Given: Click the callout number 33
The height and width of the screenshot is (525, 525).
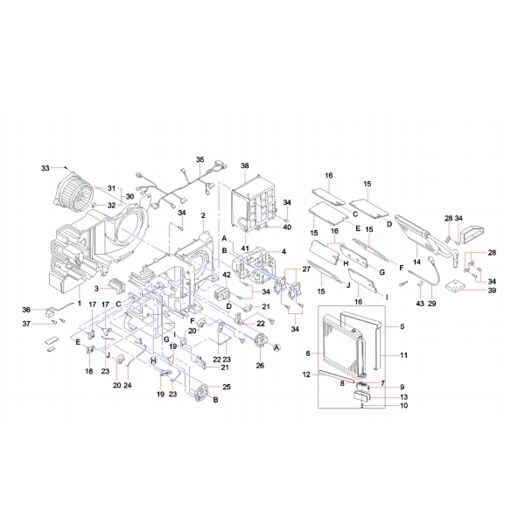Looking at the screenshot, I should point(45,167).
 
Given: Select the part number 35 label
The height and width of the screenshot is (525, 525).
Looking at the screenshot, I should point(199,159).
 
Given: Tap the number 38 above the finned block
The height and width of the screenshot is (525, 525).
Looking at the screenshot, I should point(245,166).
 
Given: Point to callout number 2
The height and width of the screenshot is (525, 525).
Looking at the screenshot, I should point(203,216).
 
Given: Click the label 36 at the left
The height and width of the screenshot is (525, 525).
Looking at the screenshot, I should point(26,310).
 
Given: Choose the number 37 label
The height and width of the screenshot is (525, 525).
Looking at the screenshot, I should point(26,324).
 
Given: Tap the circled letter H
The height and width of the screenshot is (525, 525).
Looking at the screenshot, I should point(153,360).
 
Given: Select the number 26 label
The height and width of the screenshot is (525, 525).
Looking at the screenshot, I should point(259,366).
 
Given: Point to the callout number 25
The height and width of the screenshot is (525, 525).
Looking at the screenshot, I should point(227,387).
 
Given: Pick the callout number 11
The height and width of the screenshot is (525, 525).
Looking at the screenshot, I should point(404,354).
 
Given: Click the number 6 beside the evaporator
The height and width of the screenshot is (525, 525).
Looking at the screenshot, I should point(309,353).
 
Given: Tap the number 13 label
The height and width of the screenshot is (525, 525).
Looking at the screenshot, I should point(404,395).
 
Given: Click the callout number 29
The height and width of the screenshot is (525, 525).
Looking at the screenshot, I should point(431,303).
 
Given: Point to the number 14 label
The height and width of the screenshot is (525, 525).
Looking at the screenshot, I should point(417,262).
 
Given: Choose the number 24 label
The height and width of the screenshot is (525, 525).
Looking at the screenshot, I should point(128,384).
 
